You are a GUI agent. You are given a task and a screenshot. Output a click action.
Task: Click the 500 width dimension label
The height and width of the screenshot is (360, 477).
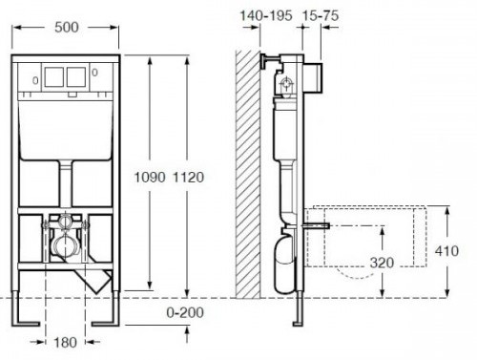67,28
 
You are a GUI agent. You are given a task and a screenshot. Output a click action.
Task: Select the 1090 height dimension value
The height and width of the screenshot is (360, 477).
150,178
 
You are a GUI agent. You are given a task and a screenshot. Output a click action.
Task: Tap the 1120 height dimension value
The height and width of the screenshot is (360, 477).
188,178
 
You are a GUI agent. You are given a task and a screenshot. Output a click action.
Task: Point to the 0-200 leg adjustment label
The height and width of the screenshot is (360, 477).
185,312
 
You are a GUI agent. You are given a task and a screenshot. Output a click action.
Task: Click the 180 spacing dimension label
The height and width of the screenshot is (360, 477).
65,343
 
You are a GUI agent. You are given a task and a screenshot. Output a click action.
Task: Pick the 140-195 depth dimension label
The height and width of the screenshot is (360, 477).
266,15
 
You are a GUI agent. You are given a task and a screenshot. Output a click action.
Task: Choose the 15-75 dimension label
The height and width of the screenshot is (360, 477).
321,15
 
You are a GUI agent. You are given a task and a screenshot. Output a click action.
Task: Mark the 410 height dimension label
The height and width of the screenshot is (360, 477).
446,251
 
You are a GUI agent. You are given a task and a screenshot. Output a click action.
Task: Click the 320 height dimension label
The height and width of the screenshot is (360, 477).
382,263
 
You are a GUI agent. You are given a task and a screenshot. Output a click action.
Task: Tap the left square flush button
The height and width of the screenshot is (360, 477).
54,77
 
